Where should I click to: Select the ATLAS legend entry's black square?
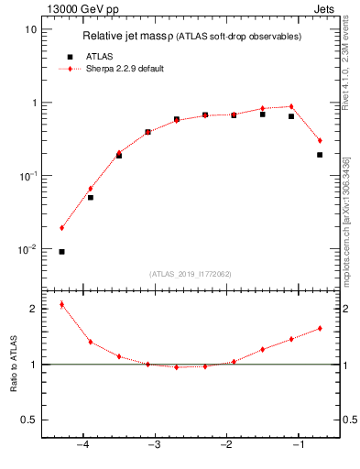(x=70, y=56)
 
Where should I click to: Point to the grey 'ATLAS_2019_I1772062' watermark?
(x=191, y=274)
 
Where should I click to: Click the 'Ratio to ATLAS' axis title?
(x=13, y=364)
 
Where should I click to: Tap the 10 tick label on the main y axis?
(x=29, y=29)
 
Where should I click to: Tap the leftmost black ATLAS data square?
(x=61, y=251)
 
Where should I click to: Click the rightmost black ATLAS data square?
(x=320, y=155)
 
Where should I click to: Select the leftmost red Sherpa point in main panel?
(x=61, y=228)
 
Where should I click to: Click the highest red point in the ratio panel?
(x=61, y=304)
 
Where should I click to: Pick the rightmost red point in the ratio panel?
(x=320, y=328)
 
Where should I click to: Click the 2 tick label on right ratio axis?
(x=348, y=309)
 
